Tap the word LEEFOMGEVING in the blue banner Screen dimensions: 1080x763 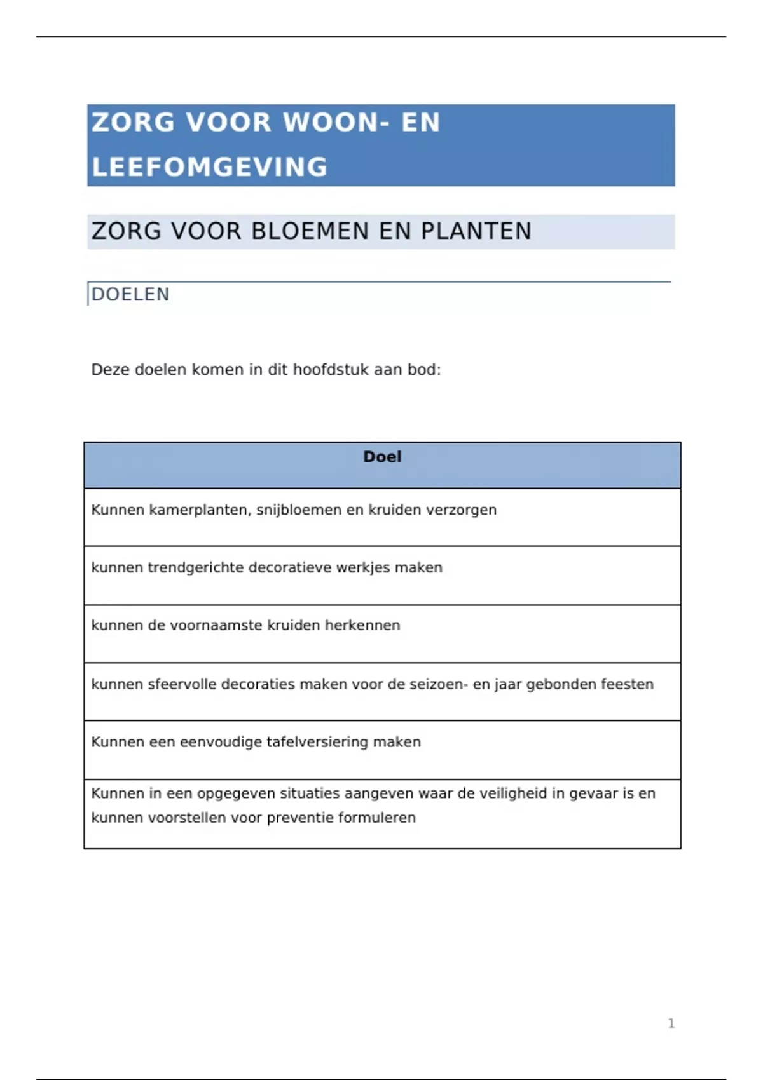tap(210, 167)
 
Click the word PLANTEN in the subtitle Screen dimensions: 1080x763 tap(476, 231)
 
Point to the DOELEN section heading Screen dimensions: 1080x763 tap(130, 294)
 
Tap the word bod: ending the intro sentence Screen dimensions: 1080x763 tap(424, 370)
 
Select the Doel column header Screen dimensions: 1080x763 tap(382, 457)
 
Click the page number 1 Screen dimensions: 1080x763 tap(671, 1023)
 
